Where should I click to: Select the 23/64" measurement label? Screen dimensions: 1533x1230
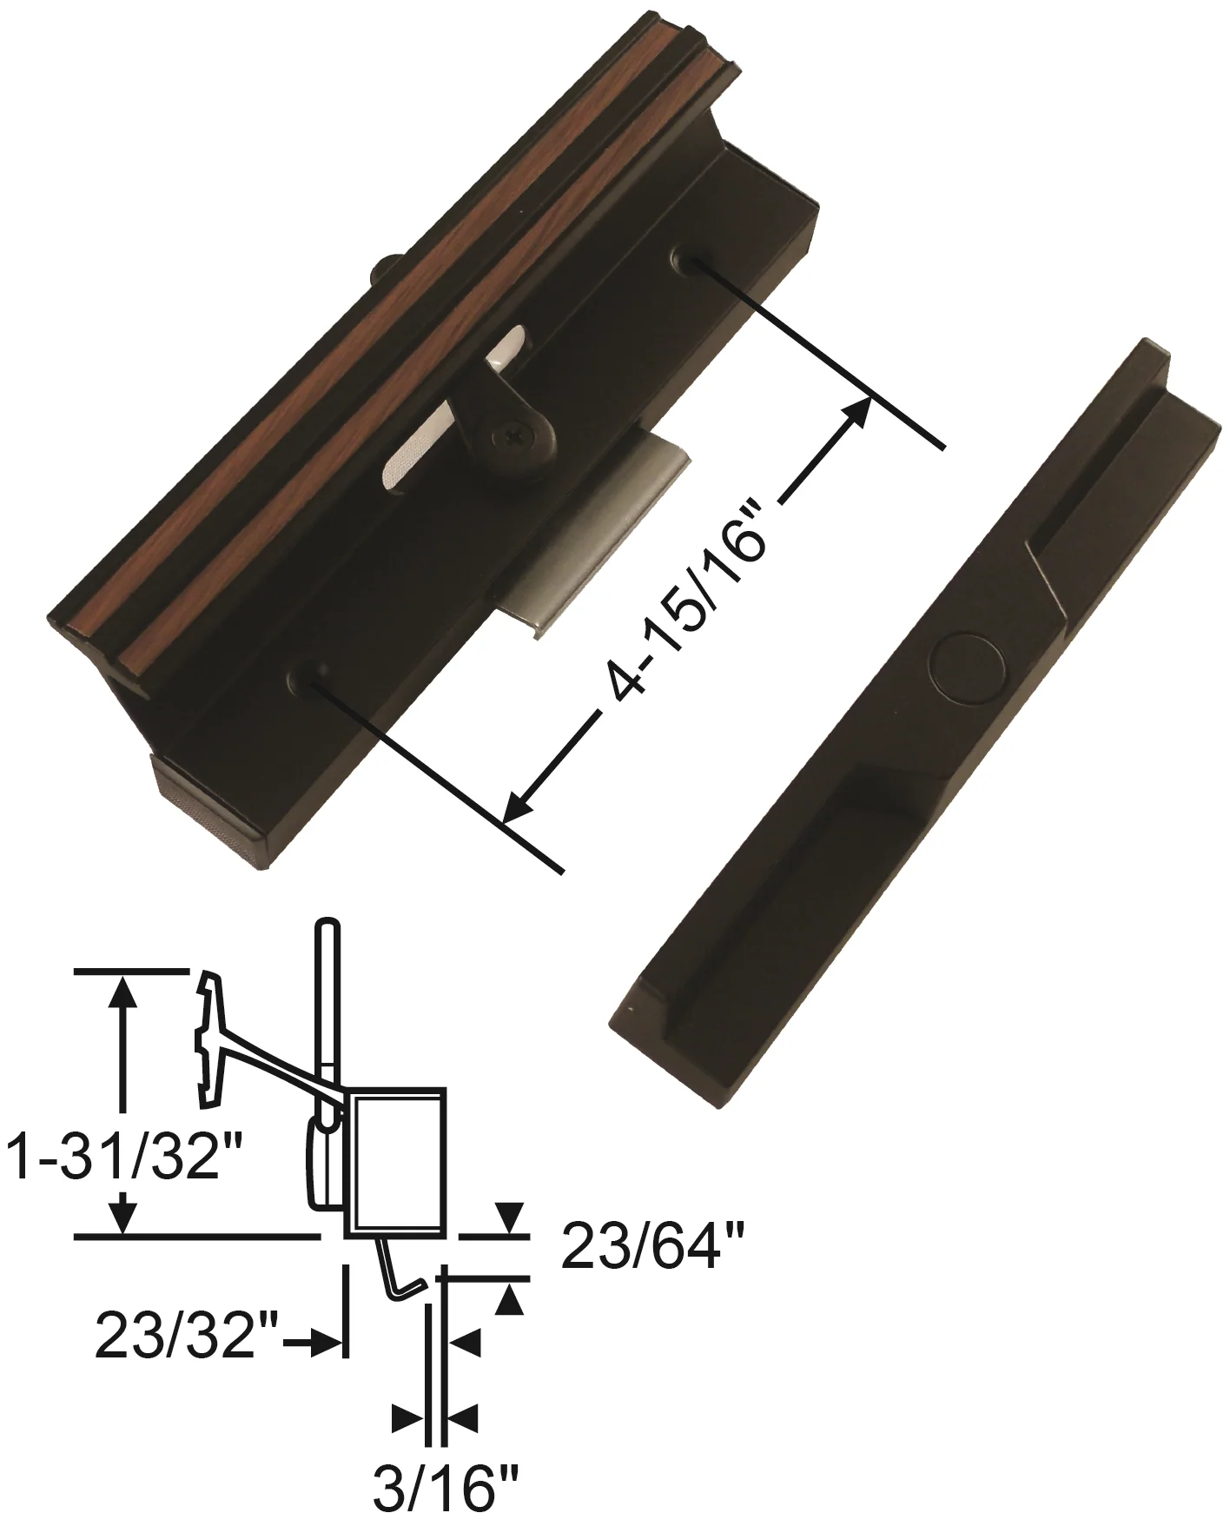653,1249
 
